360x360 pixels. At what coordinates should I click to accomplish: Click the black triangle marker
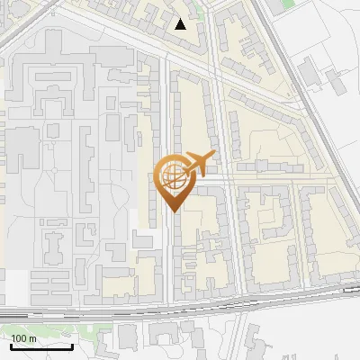[x=182, y=24]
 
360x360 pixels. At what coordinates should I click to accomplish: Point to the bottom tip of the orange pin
[x=171, y=211]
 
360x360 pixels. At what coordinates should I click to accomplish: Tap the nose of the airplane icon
[x=215, y=156]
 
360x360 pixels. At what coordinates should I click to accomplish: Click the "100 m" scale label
[x=24, y=338]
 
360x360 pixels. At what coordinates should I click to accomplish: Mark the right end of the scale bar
[x=72, y=346]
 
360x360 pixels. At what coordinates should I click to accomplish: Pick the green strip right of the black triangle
[x=199, y=18]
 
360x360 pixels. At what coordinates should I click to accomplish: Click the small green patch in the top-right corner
[x=287, y=4]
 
